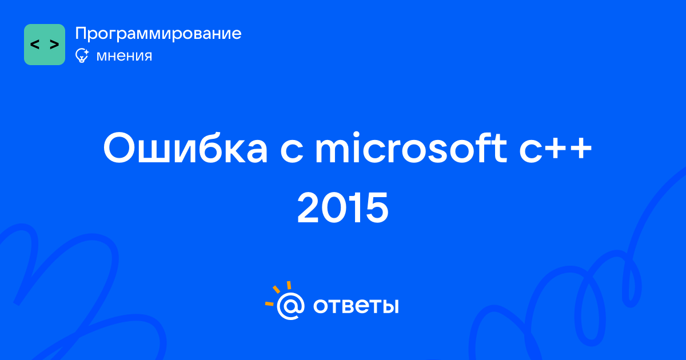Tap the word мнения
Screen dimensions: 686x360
(x=124, y=56)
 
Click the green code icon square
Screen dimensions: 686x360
(x=45, y=45)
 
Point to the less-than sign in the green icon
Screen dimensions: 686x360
(x=35, y=45)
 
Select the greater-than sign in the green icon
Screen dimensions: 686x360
(x=54, y=45)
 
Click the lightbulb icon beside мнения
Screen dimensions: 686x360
(x=82, y=56)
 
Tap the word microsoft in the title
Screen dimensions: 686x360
(x=411, y=147)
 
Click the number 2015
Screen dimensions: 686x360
(x=342, y=208)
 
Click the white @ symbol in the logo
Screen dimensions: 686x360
(x=290, y=306)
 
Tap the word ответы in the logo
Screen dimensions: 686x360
(x=356, y=306)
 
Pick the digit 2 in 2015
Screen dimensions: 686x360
(x=309, y=208)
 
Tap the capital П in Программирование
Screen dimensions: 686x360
(x=81, y=34)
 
